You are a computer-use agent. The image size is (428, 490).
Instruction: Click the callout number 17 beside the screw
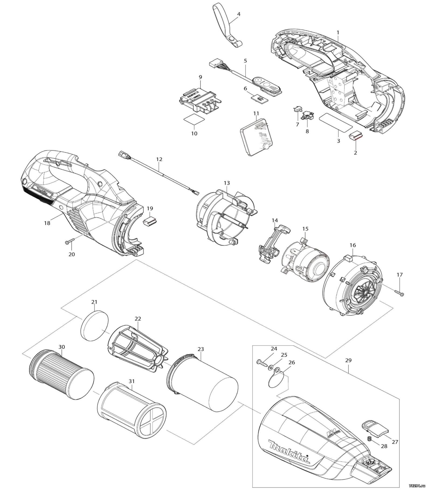point(399,275)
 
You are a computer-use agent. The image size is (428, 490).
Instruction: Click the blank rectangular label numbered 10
point(193,119)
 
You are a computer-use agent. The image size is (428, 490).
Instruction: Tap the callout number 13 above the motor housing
point(227,183)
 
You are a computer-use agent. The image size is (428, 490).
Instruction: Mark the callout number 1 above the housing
point(338,32)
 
